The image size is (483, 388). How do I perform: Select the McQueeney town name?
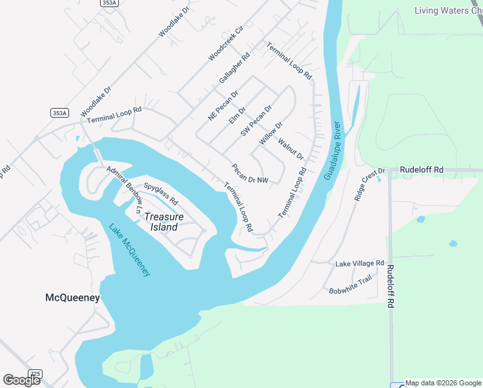72,297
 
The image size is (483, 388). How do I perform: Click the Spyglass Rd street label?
161,193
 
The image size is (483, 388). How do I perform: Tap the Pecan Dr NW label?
249,173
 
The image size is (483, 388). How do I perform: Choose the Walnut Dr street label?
291,149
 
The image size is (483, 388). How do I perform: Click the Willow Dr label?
271,133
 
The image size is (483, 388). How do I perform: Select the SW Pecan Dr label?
256,120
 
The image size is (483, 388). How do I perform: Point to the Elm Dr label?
238,115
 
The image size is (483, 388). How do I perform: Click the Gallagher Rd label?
234,68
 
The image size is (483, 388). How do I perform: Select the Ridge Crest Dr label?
369,185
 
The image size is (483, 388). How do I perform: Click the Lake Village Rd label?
359,264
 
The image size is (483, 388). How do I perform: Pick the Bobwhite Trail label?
351,283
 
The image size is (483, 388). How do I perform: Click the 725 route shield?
36,374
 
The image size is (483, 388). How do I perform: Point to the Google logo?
21,380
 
